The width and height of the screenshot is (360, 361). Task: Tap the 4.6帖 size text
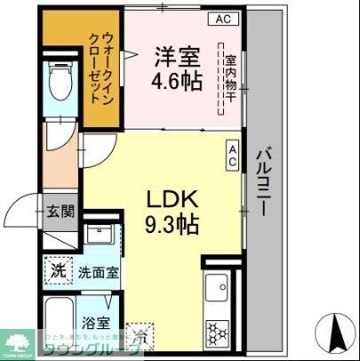177,81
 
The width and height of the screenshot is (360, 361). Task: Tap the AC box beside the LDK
233,157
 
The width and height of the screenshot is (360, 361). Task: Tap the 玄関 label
61,212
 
